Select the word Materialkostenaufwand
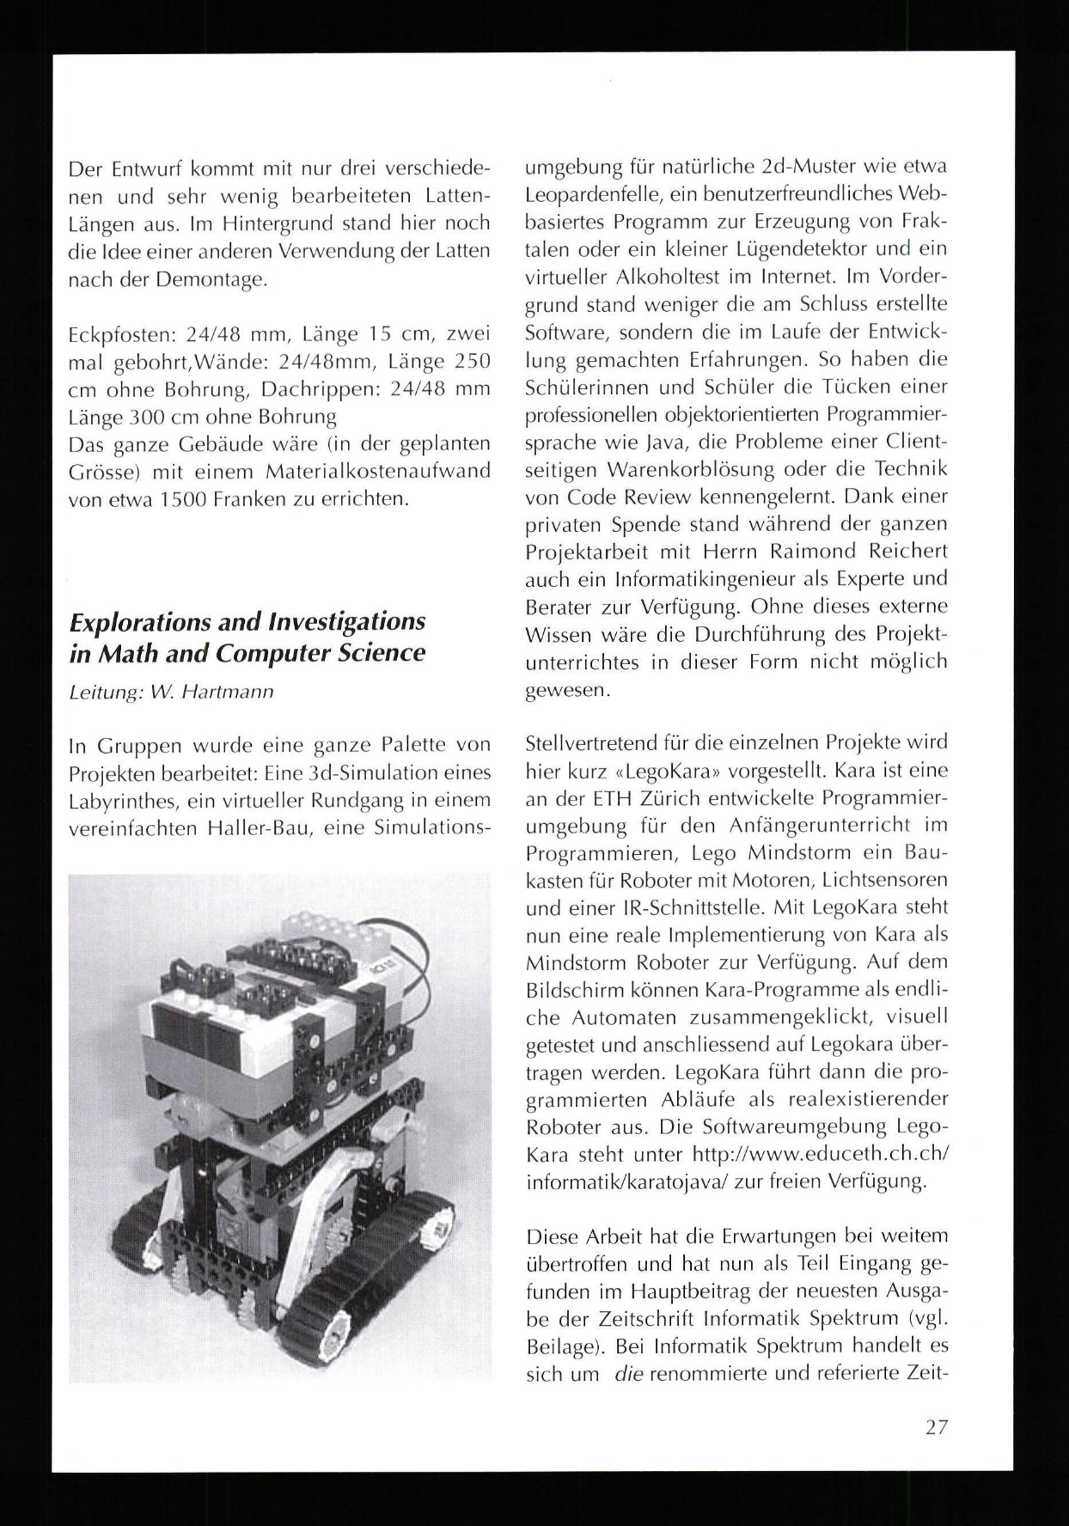click(x=377, y=471)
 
